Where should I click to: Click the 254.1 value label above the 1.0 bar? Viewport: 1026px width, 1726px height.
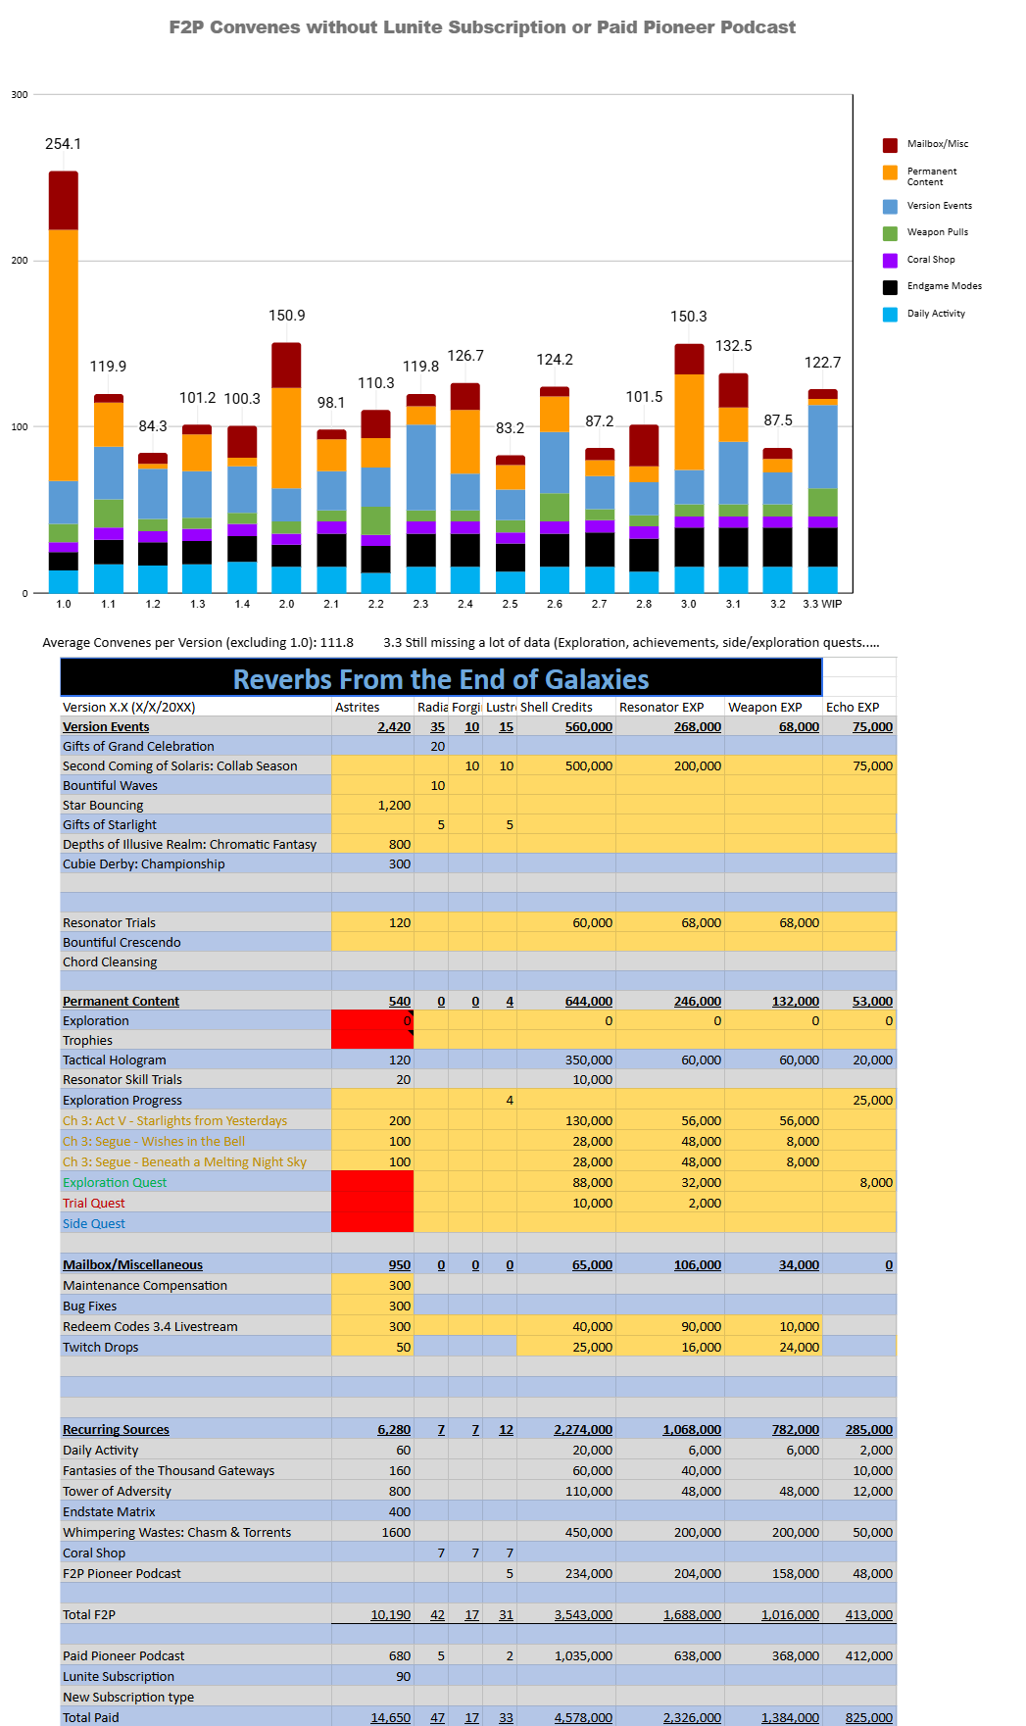[63, 144]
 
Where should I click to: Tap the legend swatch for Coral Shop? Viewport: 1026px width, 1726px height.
[890, 260]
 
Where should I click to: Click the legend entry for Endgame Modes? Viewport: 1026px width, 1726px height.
[944, 286]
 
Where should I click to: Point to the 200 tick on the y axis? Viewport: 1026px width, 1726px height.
[20, 261]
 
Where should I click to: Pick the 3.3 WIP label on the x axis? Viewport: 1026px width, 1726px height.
[822, 604]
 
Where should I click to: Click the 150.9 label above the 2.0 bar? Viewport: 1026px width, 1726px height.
[287, 316]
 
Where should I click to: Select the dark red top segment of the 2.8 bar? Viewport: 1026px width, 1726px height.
[644, 445]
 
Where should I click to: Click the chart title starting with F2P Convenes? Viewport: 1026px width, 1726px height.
[482, 27]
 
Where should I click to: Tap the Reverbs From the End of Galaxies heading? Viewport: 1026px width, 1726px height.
[441, 679]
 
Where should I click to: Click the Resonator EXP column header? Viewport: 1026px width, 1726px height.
[661, 707]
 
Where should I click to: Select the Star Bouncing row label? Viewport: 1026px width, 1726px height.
[103, 805]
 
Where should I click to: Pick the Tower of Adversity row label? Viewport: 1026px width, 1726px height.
[117, 1491]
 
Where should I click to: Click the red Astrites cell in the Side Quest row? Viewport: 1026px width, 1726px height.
[372, 1223]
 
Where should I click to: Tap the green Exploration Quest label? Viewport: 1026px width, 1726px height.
[115, 1182]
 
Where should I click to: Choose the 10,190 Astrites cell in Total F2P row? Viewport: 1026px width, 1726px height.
[390, 1614]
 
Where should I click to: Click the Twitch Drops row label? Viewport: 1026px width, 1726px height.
[100, 1347]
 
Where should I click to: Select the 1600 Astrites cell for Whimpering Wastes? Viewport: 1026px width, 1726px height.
[396, 1532]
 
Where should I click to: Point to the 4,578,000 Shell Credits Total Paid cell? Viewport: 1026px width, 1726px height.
[583, 1717]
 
